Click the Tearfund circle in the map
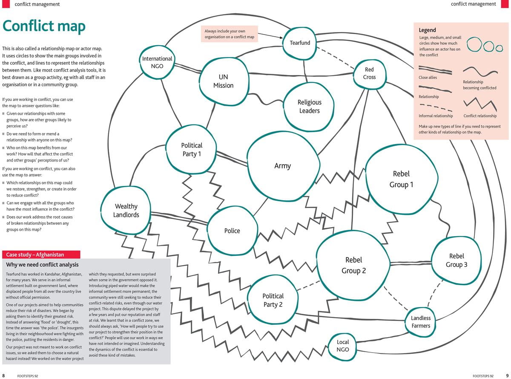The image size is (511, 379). [300, 43]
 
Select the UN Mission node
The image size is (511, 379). [223, 81]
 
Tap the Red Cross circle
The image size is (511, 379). [369, 73]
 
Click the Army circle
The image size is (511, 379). [283, 166]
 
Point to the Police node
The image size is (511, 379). [232, 231]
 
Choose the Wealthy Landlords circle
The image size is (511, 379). [126, 211]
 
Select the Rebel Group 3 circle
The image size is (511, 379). [456, 260]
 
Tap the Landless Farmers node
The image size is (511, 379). [421, 322]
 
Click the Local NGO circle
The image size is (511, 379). [343, 346]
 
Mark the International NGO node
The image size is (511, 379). [157, 62]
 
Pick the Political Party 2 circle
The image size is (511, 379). [273, 300]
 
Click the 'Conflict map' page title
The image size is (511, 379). [44, 26]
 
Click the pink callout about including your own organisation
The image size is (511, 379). [229, 34]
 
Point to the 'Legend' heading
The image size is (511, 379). [427, 30]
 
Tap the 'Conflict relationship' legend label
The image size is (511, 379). [480, 116]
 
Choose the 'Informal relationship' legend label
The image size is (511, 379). [436, 116]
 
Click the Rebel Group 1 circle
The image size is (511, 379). [401, 179]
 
